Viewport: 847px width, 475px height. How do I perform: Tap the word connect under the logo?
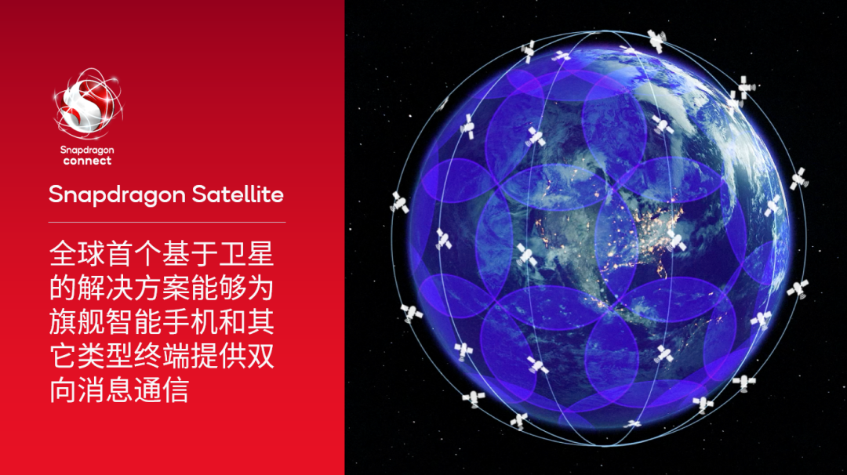pos(87,161)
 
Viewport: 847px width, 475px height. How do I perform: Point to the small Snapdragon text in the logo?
pos(87,149)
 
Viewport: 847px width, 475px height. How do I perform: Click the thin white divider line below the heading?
pos(167,223)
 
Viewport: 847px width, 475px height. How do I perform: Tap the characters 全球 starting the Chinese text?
pos(77,254)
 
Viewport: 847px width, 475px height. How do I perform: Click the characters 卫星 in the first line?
pos(246,254)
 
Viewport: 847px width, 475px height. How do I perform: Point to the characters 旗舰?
pos(77,322)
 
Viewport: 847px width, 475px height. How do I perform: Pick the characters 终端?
pos(162,356)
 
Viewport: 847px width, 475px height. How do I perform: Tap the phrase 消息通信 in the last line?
pos(133,390)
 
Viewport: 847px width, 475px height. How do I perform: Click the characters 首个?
pos(133,254)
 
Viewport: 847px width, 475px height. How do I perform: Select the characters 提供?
pos(218,356)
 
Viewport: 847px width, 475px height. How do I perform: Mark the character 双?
pos(260,356)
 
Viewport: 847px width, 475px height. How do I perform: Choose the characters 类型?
pos(105,356)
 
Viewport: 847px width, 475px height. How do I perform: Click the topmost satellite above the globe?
pos(656,39)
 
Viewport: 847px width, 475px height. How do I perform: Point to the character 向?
pos(63,390)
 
